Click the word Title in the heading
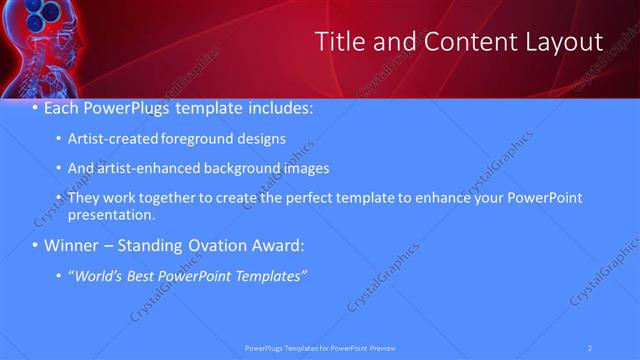(339, 41)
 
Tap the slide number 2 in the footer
(591, 348)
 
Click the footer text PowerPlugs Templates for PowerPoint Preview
(320, 348)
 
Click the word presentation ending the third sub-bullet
(112, 214)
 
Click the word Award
(274, 245)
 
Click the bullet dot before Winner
(36, 245)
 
